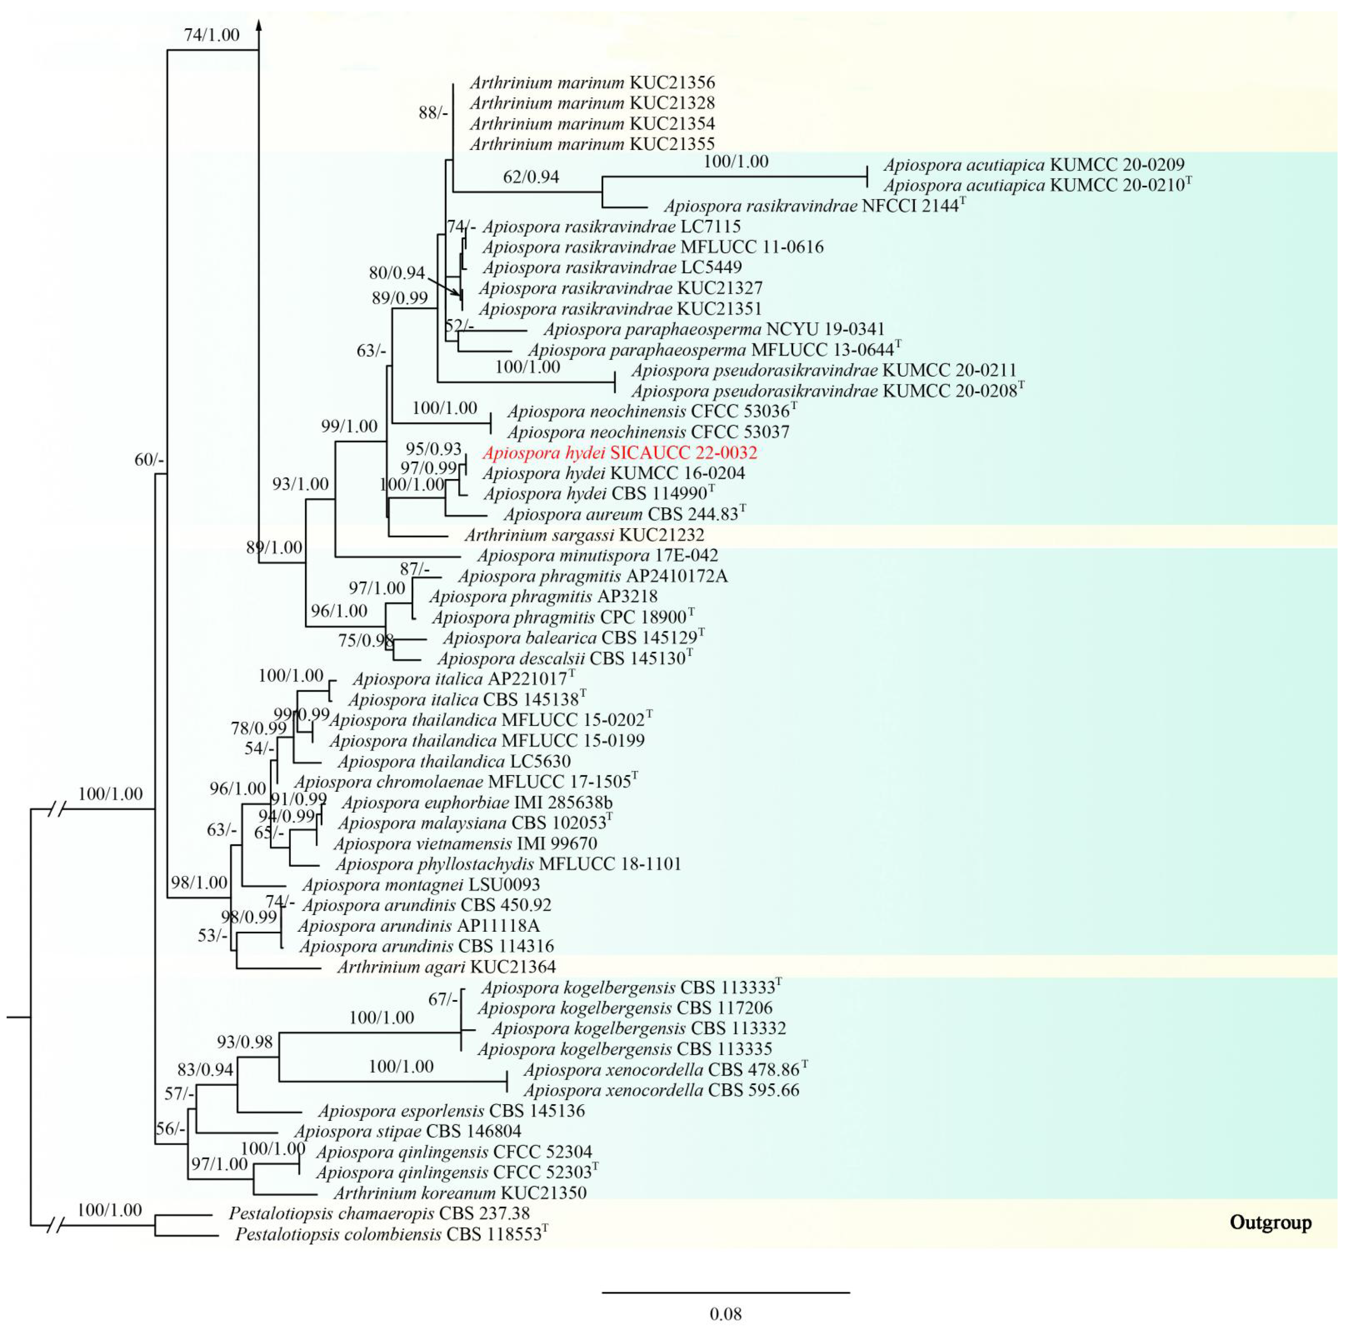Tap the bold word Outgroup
pyautogui.click(x=1270, y=1223)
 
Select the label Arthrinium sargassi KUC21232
pyautogui.click(x=584, y=535)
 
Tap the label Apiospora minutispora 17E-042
pyautogui.click(x=597, y=556)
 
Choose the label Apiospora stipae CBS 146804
pyautogui.click(x=407, y=1131)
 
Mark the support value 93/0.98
pyautogui.click(x=245, y=1042)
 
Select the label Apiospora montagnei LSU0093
pyautogui.click(x=421, y=885)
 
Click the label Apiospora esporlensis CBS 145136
pyautogui.click(x=451, y=1111)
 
